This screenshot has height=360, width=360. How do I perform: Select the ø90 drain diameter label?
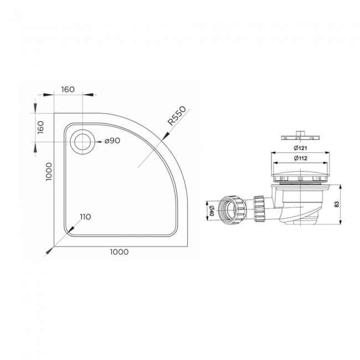112,141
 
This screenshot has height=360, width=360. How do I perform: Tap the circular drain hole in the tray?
84,141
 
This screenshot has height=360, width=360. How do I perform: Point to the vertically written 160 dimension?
40,127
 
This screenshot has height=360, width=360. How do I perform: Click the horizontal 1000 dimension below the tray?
119,252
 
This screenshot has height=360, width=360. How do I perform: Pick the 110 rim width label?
85,216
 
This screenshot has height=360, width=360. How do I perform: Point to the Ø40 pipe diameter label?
211,210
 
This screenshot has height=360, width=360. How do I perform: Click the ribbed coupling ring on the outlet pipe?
258,208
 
